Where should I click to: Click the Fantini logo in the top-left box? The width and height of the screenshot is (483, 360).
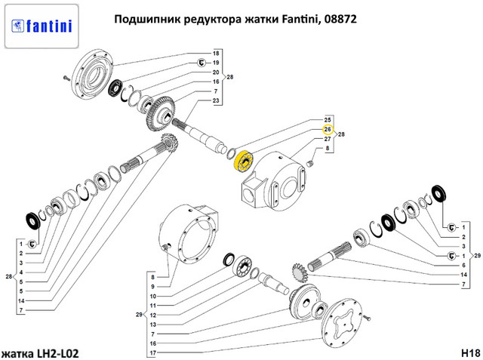click(x=42, y=26)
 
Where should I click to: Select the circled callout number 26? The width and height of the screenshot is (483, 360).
click(x=328, y=129)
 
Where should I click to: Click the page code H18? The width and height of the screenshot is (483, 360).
click(x=470, y=352)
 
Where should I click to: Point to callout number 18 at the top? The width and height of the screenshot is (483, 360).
click(x=216, y=54)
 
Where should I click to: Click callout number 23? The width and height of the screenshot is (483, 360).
click(x=216, y=100)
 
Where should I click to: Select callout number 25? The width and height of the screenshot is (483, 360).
click(x=328, y=120)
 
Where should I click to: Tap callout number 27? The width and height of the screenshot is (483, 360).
click(x=328, y=139)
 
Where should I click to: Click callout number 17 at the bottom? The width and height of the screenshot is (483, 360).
click(x=153, y=353)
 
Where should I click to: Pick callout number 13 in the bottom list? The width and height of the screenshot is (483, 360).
click(x=153, y=325)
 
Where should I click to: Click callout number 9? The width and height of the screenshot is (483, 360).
click(x=152, y=287)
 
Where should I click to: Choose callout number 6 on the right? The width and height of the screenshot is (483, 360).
click(x=463, y=265)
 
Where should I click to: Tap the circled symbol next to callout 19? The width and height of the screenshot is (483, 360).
click(x=202, y=63)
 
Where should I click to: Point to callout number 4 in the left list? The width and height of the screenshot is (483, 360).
click(x=21, y=272)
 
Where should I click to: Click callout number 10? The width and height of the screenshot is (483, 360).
click(x=153, y=297)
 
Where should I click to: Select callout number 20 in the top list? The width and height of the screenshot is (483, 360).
click(x=216, y=72)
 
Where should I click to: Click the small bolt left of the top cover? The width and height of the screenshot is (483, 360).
click(x=66, y=78)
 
